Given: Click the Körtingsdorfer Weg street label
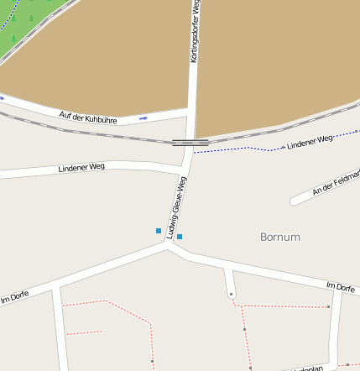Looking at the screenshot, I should click(x=195, y=32).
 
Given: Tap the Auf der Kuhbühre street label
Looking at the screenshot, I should click(x=87, y=118).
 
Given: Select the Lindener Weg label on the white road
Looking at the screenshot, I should click(x=81, y=168).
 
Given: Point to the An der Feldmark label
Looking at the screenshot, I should click(x=336, y=182).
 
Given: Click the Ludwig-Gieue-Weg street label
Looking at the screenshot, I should click(x=177, y=207).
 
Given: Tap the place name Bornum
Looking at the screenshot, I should click(x=280, y=237).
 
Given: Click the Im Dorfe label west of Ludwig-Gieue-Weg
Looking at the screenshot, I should click(x=14, y=297).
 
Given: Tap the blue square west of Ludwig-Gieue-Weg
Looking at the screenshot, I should click(x=159, y=230).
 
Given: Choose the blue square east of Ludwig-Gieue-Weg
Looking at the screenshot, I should click(x=180, y=237).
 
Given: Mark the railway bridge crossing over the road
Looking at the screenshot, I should click(x=190, y=142).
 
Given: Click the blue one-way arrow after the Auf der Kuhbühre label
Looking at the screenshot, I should click(x=143, y=118).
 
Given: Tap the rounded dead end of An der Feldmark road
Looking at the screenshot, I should click(x=294, y=201).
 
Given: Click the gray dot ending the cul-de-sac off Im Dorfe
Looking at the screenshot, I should click(x=231, y=295).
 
